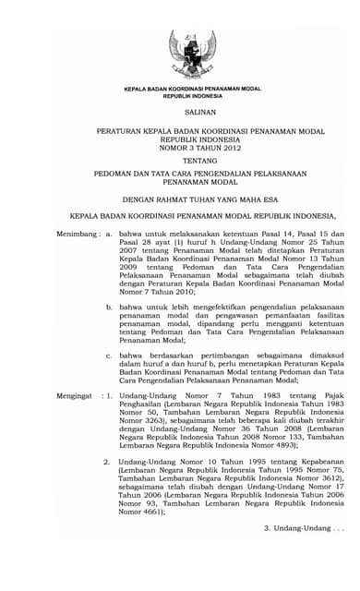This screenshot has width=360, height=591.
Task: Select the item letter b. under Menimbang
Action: pyautogui.click(x=110, y=304)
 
